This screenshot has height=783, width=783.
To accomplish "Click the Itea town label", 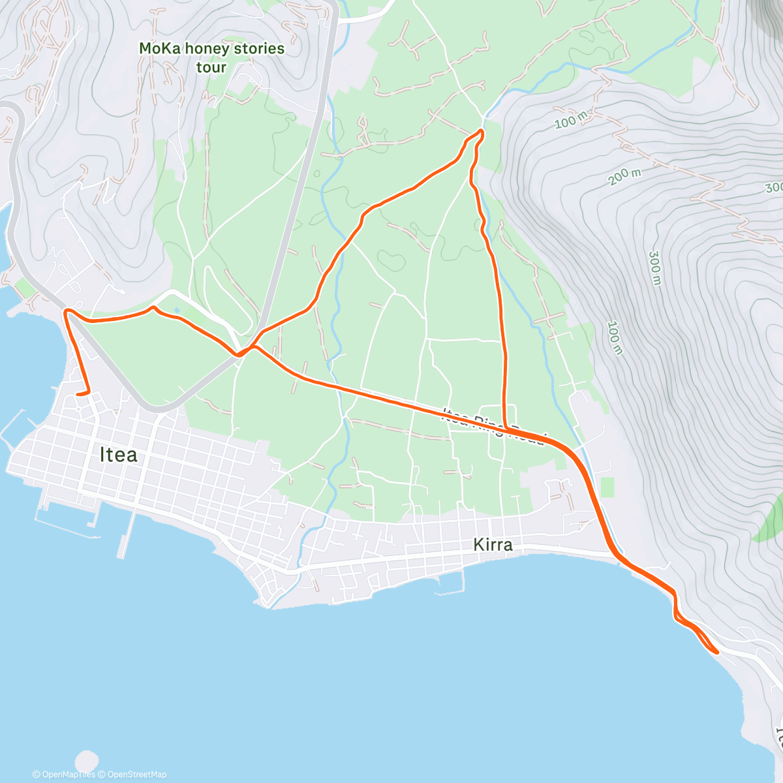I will pyautogui.click(x=118, y=454).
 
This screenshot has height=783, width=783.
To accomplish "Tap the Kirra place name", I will pyautogui.click(x=493, y=544).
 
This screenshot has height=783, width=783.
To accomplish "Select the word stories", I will pyautogui.click(x=260, y=48).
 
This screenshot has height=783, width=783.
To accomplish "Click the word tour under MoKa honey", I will pyautogui.click(x=211, y=67).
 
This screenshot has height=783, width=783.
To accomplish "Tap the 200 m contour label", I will pyautogui.click(x=625, y=176).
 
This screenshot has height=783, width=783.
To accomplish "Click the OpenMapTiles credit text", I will pyautogui.click(x=64, y=775).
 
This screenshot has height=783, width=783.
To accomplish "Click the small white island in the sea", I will pyautogui.click(x=86, y=760).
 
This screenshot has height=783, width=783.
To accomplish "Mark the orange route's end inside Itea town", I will pyautogui.click(x=78, y=394).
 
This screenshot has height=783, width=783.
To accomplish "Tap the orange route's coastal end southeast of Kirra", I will pyautogui.click(x=717, y=651).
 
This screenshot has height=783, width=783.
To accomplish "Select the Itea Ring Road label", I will pyautogui.click(x=493, y=426).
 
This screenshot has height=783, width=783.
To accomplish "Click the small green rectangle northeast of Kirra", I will pyautogui.click(x=607, y=487).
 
